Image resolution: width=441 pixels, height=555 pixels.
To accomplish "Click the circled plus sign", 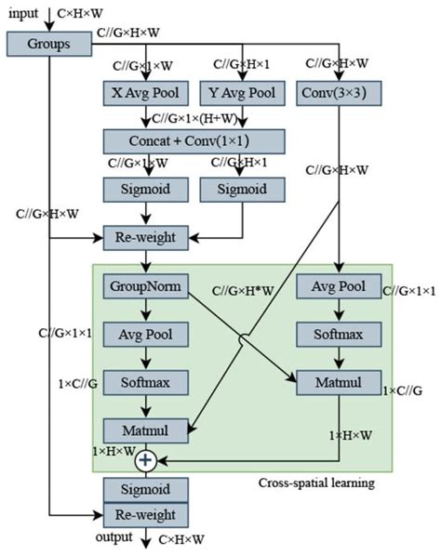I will click(145, 459).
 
